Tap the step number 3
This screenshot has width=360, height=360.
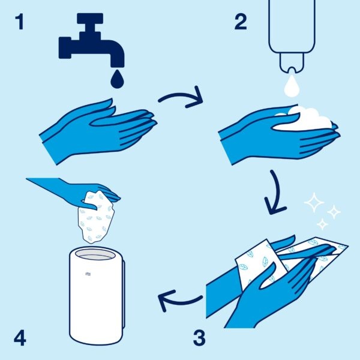199,338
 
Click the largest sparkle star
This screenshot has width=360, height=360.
313,203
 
